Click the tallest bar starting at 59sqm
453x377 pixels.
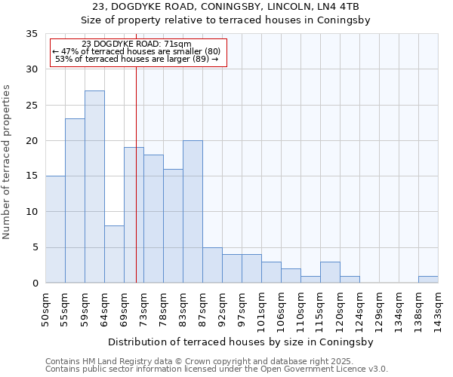point(94,187)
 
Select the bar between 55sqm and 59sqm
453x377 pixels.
point(75,201)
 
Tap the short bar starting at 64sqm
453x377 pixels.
point(114,254)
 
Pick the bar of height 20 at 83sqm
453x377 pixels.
point(193,212)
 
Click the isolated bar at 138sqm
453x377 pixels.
point(428,279)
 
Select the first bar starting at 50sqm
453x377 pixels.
point(55,229)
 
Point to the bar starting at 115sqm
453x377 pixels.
point(330,272)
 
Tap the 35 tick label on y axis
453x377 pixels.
point(31,34)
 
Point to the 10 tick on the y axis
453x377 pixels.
point(31,212)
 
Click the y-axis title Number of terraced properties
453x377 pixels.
point(8,161)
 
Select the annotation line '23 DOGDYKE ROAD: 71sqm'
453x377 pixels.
point(137,44)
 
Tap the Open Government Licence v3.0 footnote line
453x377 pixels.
point(217,369)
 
